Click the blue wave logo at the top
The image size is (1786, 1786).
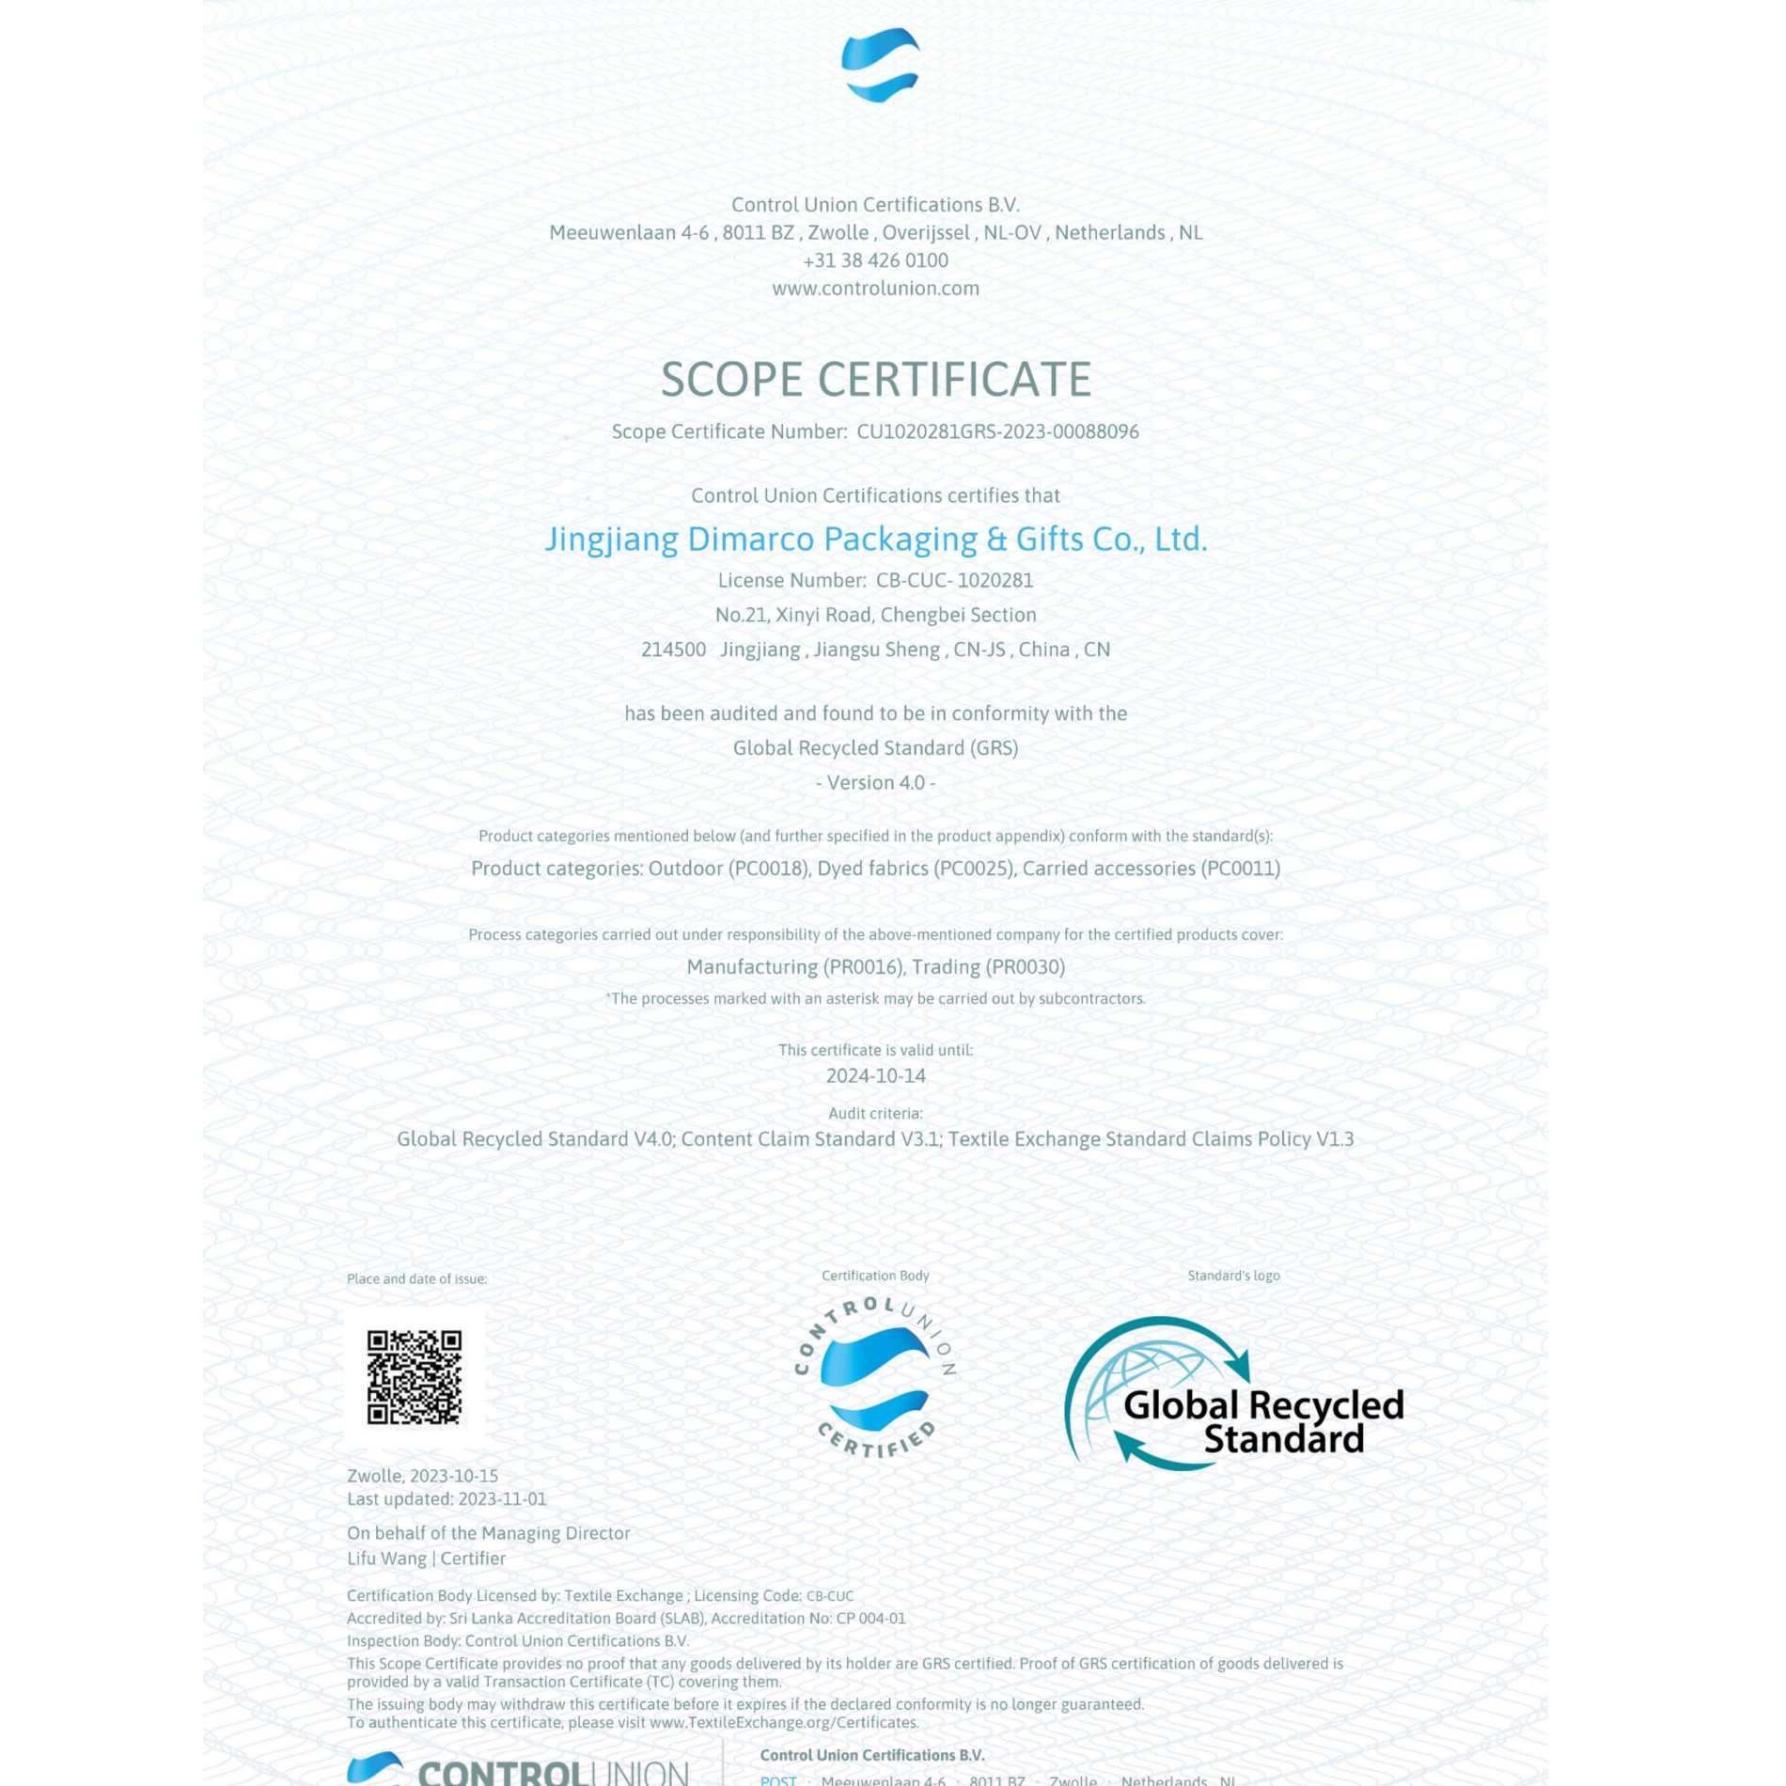(x=880, y=64)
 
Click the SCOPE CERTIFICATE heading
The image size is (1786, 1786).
(x=875, y=380)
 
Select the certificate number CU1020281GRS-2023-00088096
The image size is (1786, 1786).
(x=997, y=431)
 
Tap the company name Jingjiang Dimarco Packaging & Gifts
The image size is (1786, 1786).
(x=875, y=539)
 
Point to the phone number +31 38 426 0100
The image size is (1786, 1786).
(x=875, y=260)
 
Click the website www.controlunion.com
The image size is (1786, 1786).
(x=875, y=289)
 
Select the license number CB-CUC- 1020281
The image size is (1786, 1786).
(x=954, y=580)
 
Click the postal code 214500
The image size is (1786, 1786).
(x=673, y=650)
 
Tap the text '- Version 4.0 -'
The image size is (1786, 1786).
(x=875, y=782)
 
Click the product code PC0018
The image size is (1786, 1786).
(x=768, y=869)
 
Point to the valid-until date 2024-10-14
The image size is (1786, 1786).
(x=875, y=1075)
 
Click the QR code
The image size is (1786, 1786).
(x=414, y=1377)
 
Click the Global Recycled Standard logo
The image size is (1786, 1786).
(x=1233, y=1394)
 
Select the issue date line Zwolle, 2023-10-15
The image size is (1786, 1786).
(x=422, y=1476)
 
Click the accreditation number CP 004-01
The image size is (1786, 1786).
(x=870, y=1619)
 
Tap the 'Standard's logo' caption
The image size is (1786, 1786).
(x=1233, y=1276)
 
